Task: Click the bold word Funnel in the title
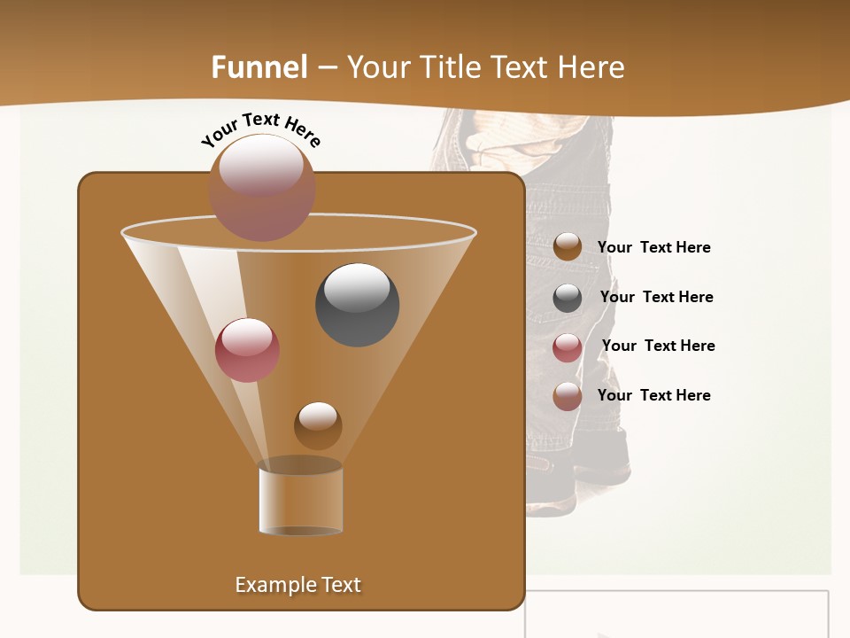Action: coord(259,67)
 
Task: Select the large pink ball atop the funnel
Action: coord(262,187)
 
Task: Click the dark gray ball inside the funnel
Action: coord(357,305)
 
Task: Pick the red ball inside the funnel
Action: coord(247,350)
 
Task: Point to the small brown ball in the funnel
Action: coord(318,425)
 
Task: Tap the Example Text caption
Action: coord(297,585)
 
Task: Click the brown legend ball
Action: coord(568,246)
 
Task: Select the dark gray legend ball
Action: coord(568,298)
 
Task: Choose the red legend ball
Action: coord(568,347)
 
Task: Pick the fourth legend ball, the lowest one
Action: coord(568,396)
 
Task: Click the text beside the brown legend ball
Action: coord(653,247)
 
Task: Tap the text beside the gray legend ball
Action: coord(656,297)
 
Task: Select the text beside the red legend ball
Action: coord(658,346)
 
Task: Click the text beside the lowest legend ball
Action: coord(653,395)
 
